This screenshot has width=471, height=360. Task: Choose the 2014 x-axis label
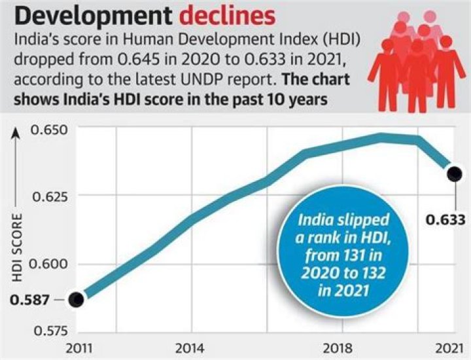(191, 348)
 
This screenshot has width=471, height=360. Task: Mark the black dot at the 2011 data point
(78, 299)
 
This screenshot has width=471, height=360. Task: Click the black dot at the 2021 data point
(454, 173)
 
